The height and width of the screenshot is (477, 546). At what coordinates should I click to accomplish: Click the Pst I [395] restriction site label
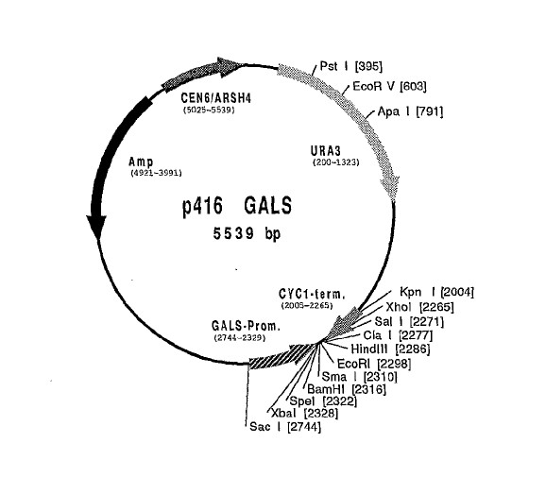click(x=351, y=66)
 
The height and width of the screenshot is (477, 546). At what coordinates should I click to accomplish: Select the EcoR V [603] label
click(x=389, y=86)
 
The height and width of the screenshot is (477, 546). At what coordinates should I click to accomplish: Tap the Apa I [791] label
click(x=411, y=111)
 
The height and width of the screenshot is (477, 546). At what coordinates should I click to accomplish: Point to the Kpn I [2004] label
click(x=436, y=292)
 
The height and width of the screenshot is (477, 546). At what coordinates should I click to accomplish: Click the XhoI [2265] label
click(x=420, y=307)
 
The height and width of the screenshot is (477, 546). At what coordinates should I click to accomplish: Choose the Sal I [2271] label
click(x=410, y=321)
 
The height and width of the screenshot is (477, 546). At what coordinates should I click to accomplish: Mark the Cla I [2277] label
click(x=398, y=335)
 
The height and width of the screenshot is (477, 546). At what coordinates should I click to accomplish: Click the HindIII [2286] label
click(x=390, y=349)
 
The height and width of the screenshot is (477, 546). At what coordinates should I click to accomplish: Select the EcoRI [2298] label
click(x=374, y=364)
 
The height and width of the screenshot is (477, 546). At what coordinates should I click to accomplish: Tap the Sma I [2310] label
click(x=359, y=377)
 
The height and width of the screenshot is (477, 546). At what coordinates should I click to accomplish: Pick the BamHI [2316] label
click(x=347, y=389)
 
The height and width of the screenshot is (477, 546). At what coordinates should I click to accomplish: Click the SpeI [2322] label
click(x=323, y=401)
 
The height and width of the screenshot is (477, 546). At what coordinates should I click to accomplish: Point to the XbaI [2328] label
click(x=304, y=414)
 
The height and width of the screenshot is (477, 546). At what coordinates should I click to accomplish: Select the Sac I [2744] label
click(x=285, y=427)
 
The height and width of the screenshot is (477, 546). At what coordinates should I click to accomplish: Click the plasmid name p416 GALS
click(x=237, y=206)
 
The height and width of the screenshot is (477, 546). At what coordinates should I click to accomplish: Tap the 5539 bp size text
click(x=247, y=233)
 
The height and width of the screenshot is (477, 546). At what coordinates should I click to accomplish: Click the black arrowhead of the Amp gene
click(x=96, y=227)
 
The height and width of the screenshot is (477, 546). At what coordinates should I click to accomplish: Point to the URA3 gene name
click(x=326, y=151)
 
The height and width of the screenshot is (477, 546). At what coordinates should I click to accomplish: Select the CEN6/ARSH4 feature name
click(x=216, y=98)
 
